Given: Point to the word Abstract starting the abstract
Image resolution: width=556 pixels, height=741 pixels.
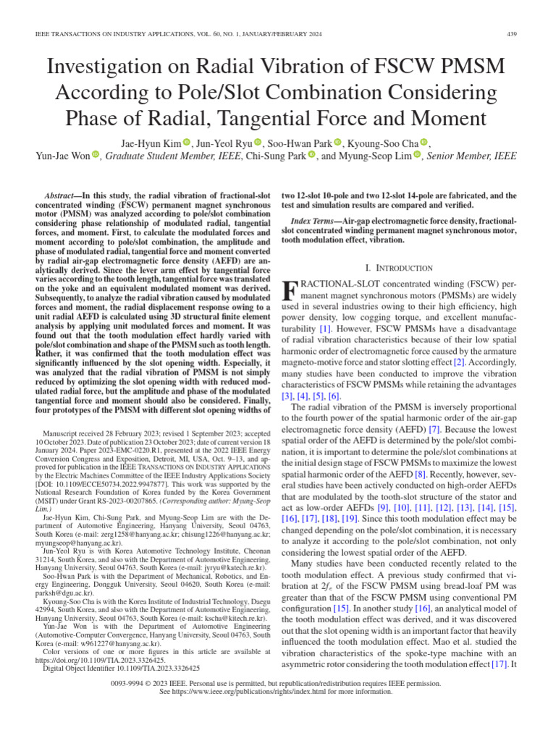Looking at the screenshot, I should [x=63, y=195].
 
